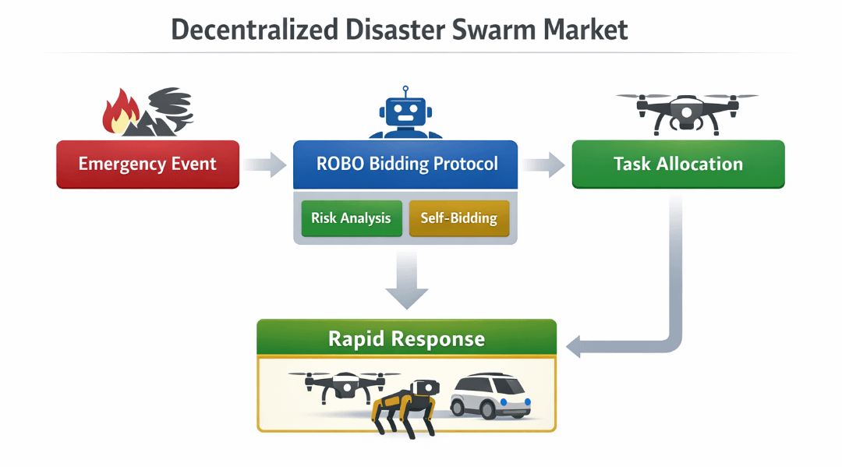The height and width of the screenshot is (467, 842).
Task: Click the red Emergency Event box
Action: (x=147, y=164)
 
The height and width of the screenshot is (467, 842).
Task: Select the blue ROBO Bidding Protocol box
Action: (x=405, y=164)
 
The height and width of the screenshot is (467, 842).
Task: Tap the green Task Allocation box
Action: (x=677, y=164)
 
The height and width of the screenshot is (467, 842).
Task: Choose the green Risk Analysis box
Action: (x=351, y=218)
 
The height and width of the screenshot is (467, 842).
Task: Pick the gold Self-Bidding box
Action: (x=458, y=218)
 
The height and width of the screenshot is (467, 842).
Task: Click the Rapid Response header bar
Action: (x=406, y=339)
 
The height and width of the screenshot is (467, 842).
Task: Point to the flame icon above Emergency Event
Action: (x=121, y=113)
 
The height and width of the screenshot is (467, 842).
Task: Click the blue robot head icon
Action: (x=406, y=113)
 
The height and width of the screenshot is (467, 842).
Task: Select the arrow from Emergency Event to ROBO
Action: (x=265, y=165)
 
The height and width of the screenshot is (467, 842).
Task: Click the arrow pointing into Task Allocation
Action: (x=543, y=165)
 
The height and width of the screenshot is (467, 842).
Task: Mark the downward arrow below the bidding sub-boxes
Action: (x=406, y=281)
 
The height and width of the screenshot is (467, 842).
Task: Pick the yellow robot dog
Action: (x=405, y=405)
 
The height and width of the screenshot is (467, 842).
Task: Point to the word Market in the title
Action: (x=586, y=30)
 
